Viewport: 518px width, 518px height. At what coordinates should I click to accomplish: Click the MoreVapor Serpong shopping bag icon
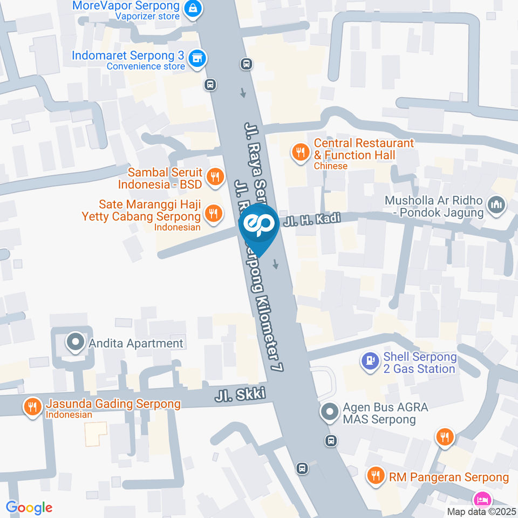point(192,8)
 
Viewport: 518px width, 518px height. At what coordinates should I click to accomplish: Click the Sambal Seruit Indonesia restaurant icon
point(215,176)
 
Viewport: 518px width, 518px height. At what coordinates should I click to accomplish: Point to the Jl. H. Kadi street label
point(312,221)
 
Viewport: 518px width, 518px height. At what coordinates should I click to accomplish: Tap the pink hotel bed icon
point(481,497)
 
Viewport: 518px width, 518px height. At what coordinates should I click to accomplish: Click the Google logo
point(29,507)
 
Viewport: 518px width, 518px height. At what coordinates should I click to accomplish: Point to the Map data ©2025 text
point(481,512)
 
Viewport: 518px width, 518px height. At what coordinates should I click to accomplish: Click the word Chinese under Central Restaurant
point(331,166)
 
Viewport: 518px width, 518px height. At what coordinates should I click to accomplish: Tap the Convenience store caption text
point(146,66)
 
